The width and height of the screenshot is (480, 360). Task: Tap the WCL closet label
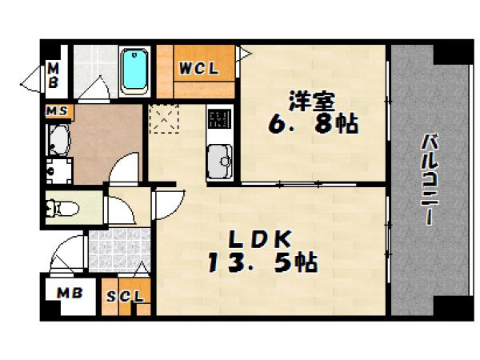[198, 68]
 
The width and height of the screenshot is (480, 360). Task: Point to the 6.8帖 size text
[312, 125]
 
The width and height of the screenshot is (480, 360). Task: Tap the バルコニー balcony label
[431, 180]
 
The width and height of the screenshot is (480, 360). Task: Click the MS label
[56, 110]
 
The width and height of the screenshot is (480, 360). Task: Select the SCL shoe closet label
[126, 297]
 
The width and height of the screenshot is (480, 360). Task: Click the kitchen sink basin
[218, 166]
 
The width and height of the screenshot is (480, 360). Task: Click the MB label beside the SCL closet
[69, 294]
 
